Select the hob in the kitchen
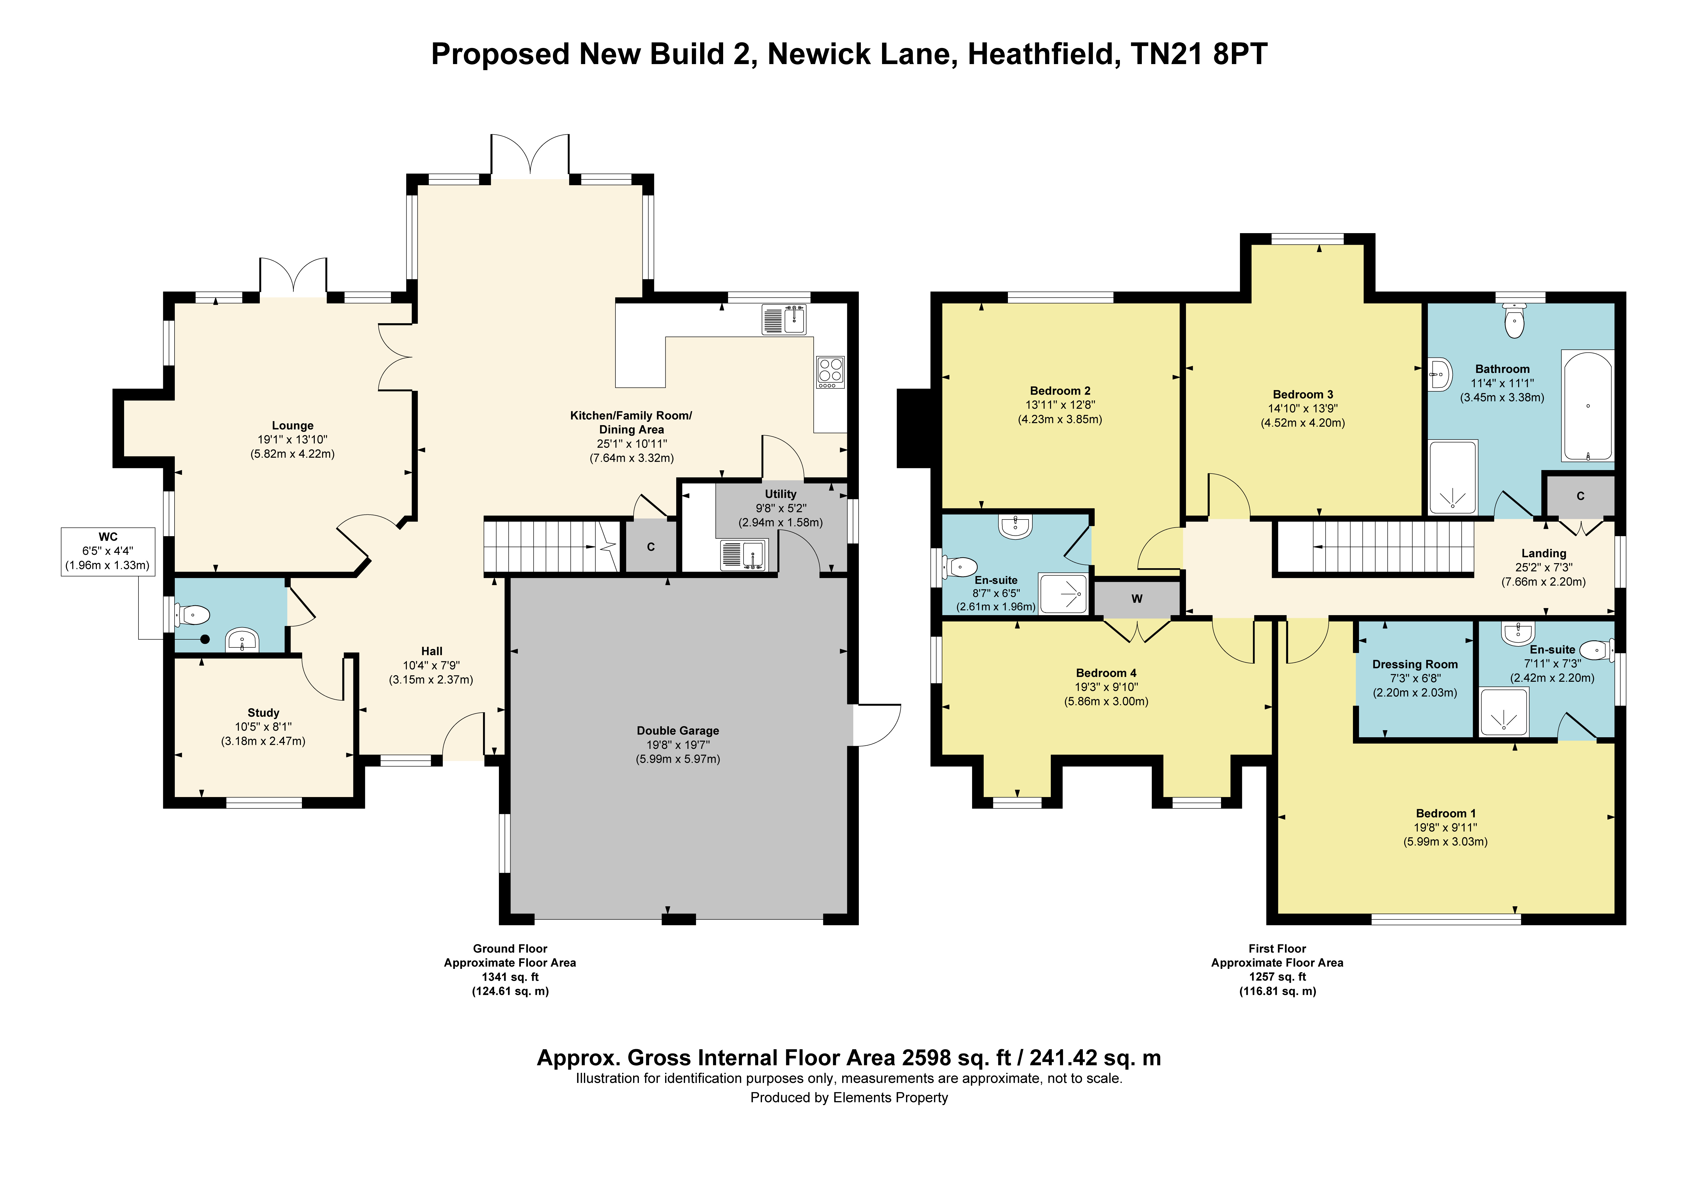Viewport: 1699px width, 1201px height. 830,372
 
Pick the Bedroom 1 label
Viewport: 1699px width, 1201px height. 1446,813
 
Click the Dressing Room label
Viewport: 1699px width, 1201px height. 1415,664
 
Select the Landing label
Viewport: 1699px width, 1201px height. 1544,553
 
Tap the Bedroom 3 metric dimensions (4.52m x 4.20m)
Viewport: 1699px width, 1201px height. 1303,423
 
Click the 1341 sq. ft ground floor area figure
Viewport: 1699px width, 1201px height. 511,977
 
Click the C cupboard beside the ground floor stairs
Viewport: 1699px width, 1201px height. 651,547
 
